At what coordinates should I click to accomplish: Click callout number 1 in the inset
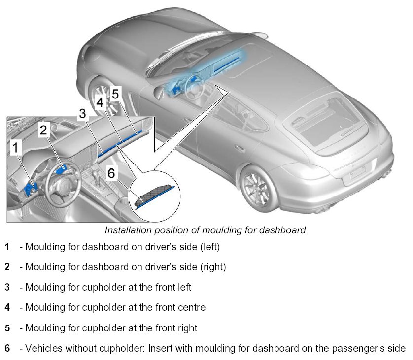click(x=17, y=147)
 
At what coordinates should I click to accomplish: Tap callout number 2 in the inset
click(x=44, y=130)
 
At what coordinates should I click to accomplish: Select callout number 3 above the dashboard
click(x=83, y=114)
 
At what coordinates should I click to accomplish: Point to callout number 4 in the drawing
click(x=100, y=102)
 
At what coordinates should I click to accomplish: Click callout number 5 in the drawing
click(x=115, y=93)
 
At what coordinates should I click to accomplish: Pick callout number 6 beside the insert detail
click(x=111, y=173)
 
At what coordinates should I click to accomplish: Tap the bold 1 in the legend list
click(x=7, y=246)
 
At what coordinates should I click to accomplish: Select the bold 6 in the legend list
click(x=7, y=349)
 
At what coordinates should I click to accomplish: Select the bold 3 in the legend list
click(x=7, y=287)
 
